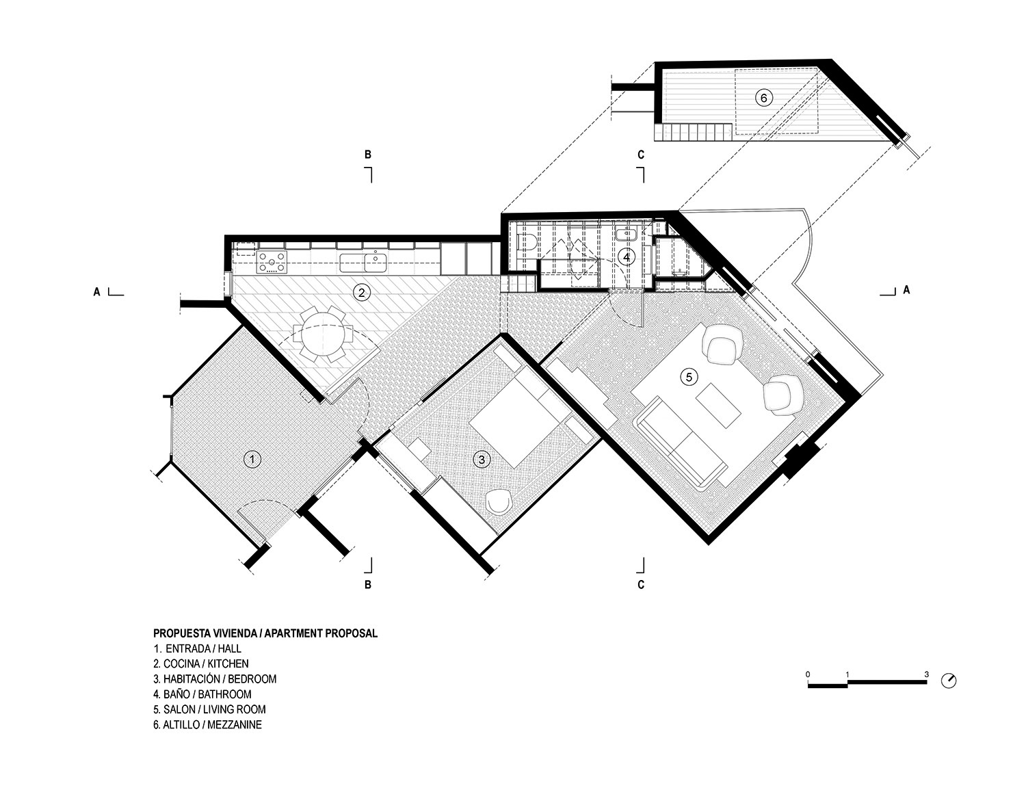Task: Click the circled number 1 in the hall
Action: click(252, 459)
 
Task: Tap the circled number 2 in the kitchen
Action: click(362, 293)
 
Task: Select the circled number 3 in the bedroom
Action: click(482, 460)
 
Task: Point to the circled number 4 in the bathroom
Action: click(626, 257)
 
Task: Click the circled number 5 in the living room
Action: click(689, 377)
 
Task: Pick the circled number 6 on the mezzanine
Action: click(763, 98)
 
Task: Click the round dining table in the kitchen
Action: click(322, 334)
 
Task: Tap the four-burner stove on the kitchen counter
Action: click(272, 262)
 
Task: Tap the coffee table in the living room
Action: click(719, 405)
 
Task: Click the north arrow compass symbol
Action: click(949, 681)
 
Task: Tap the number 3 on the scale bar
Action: click(926, 674)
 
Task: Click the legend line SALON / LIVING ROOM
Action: click(209, 709)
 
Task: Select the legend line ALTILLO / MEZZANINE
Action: click(207, 724)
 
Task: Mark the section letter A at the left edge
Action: click(97, 292)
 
